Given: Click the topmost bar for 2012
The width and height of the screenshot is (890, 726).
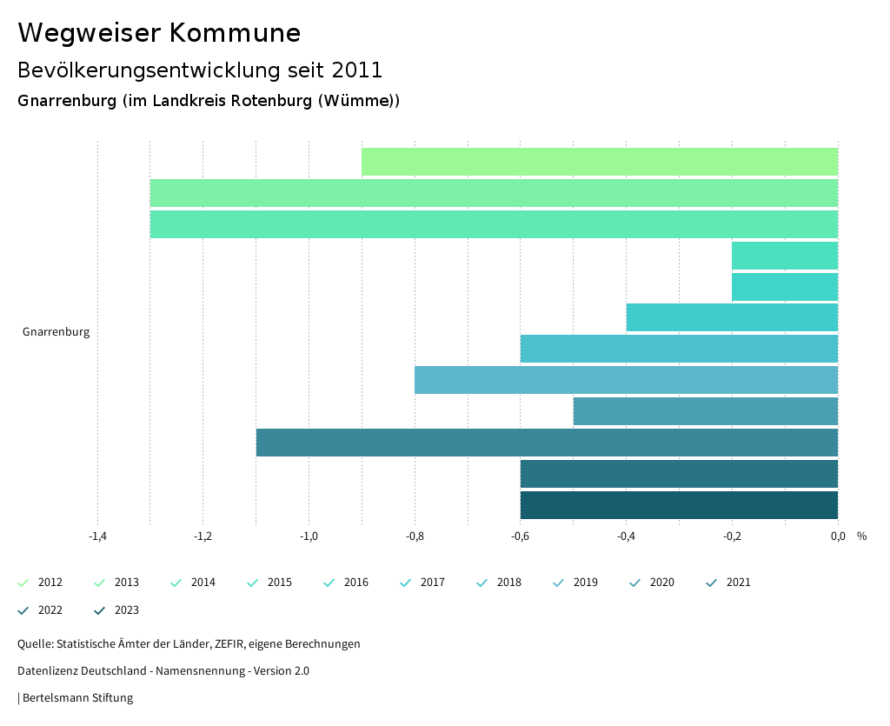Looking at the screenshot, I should [x=600, y=162].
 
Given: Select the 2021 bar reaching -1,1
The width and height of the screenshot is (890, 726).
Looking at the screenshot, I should [x=547, y=443].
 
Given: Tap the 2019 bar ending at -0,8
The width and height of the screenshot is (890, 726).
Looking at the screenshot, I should [x=626, y=380].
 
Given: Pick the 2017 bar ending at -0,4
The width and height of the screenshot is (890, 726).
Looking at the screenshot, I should [x=732, y=317].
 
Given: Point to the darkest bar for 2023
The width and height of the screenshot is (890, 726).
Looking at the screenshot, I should [x=679, y=505].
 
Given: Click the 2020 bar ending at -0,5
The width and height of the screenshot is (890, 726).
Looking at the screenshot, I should [x=705, y=411].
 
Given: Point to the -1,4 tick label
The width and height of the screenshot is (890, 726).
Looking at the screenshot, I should [x=97, y=536].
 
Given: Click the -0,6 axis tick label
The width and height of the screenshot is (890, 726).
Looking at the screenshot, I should [x=520, y=536].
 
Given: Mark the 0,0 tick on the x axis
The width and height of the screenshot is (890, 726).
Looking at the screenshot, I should [x=838, y=536].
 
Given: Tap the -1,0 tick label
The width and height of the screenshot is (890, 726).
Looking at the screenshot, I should [x=309, y=536].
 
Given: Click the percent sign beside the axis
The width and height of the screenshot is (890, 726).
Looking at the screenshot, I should [x=861, y=536].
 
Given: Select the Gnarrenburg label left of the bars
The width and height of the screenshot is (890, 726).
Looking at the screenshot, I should [x=56, y=332].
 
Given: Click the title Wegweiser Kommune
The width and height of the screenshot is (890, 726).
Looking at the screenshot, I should [x=159, y=33].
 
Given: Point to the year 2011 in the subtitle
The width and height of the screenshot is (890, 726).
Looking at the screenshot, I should [x=357, y=70].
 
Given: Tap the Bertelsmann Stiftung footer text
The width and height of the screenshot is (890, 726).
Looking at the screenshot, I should [x=77, y=698].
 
